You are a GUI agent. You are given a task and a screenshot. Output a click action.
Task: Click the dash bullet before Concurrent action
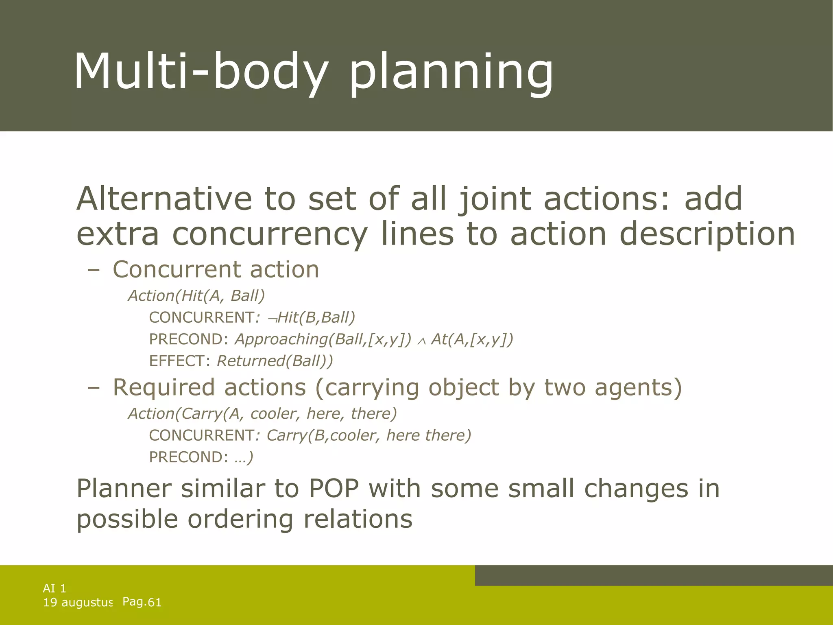point(93,270)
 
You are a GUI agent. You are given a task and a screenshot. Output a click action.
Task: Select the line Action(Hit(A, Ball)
point(196,295)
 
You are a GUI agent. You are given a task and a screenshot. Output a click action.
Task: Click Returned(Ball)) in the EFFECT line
point(275,361)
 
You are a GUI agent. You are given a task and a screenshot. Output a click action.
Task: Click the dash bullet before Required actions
point(93,388)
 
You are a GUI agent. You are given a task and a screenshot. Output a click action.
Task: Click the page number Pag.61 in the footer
point(142,602)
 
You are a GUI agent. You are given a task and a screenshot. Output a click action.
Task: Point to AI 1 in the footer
point(55,588)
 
